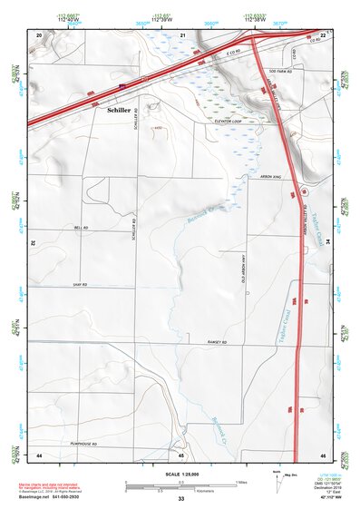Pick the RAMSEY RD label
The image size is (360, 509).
pos(214,342)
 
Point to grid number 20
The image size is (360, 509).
pos(39,34)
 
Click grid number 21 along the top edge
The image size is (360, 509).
pos(182,34)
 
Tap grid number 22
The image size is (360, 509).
pos(323,34)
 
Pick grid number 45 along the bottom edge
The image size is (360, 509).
pos(182,455)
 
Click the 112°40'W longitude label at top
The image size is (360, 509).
pos(67,20)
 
